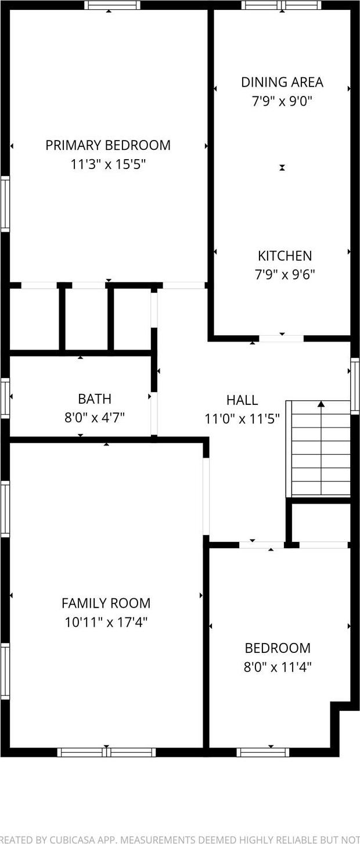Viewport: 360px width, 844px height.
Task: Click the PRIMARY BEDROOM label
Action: pos(108,145)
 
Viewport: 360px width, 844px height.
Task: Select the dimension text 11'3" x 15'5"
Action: pos(108,164)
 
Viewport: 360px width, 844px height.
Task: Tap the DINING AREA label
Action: pos(282,82)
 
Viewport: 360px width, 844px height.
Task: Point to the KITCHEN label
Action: pos(285,256)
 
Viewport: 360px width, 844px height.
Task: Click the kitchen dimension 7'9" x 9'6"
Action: pos(285,275)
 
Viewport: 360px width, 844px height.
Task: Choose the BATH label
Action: pos(95,399)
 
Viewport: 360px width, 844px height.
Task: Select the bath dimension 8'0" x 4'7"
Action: pos(95,417)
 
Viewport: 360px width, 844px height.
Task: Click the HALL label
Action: pos(242,400)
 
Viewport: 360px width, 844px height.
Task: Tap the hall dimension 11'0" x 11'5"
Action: pos(242,418)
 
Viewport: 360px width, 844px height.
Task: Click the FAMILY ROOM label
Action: pos(106,604)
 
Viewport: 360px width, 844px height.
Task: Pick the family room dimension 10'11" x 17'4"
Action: pos(106,623)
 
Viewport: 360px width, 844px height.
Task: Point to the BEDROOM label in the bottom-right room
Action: pos(278,648)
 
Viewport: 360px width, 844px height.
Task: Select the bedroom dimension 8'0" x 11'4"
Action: pos(278,667)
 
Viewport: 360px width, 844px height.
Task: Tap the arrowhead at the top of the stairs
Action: pos(321,404)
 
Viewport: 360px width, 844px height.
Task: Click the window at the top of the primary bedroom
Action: pos(112,5)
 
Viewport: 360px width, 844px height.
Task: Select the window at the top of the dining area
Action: pos(282,5)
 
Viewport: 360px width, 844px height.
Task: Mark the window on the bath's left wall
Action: pos(5,397)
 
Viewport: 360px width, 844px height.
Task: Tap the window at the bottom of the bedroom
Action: pos(262,752)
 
